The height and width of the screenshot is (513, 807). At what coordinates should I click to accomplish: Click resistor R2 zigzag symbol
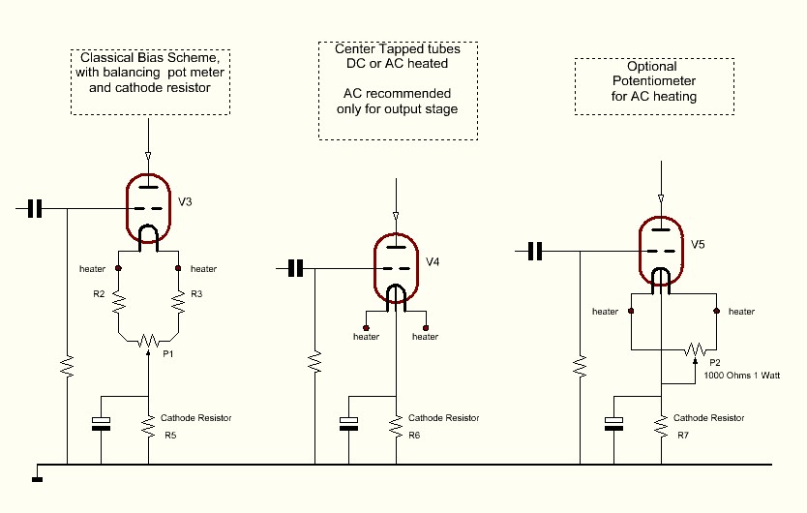pyautogui.click(x=119, y=304)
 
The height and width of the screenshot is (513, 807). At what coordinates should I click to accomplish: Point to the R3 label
pyautogui.click(x=196, y=293)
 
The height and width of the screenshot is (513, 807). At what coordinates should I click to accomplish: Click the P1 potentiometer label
pyautogui.click(x=166, y=355)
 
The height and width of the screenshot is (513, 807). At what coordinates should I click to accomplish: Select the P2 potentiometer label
pyautogui.click(x=716, y=362)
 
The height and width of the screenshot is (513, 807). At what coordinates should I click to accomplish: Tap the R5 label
pyautogui.click(x=170, y=436)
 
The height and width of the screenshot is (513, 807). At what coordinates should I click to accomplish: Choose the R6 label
pyautogui.click(x=414, y=436)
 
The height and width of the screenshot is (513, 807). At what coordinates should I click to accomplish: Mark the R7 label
pyautogui.click(x=683, y=436)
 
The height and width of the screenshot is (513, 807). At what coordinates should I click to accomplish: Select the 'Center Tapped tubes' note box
pyautogui.click(x=398, y=90)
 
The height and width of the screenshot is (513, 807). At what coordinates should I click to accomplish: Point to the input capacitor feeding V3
pyautogui.click(x=36, y=208)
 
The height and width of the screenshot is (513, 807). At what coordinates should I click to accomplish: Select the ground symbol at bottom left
pyautogui.click(x=37, y=476)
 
